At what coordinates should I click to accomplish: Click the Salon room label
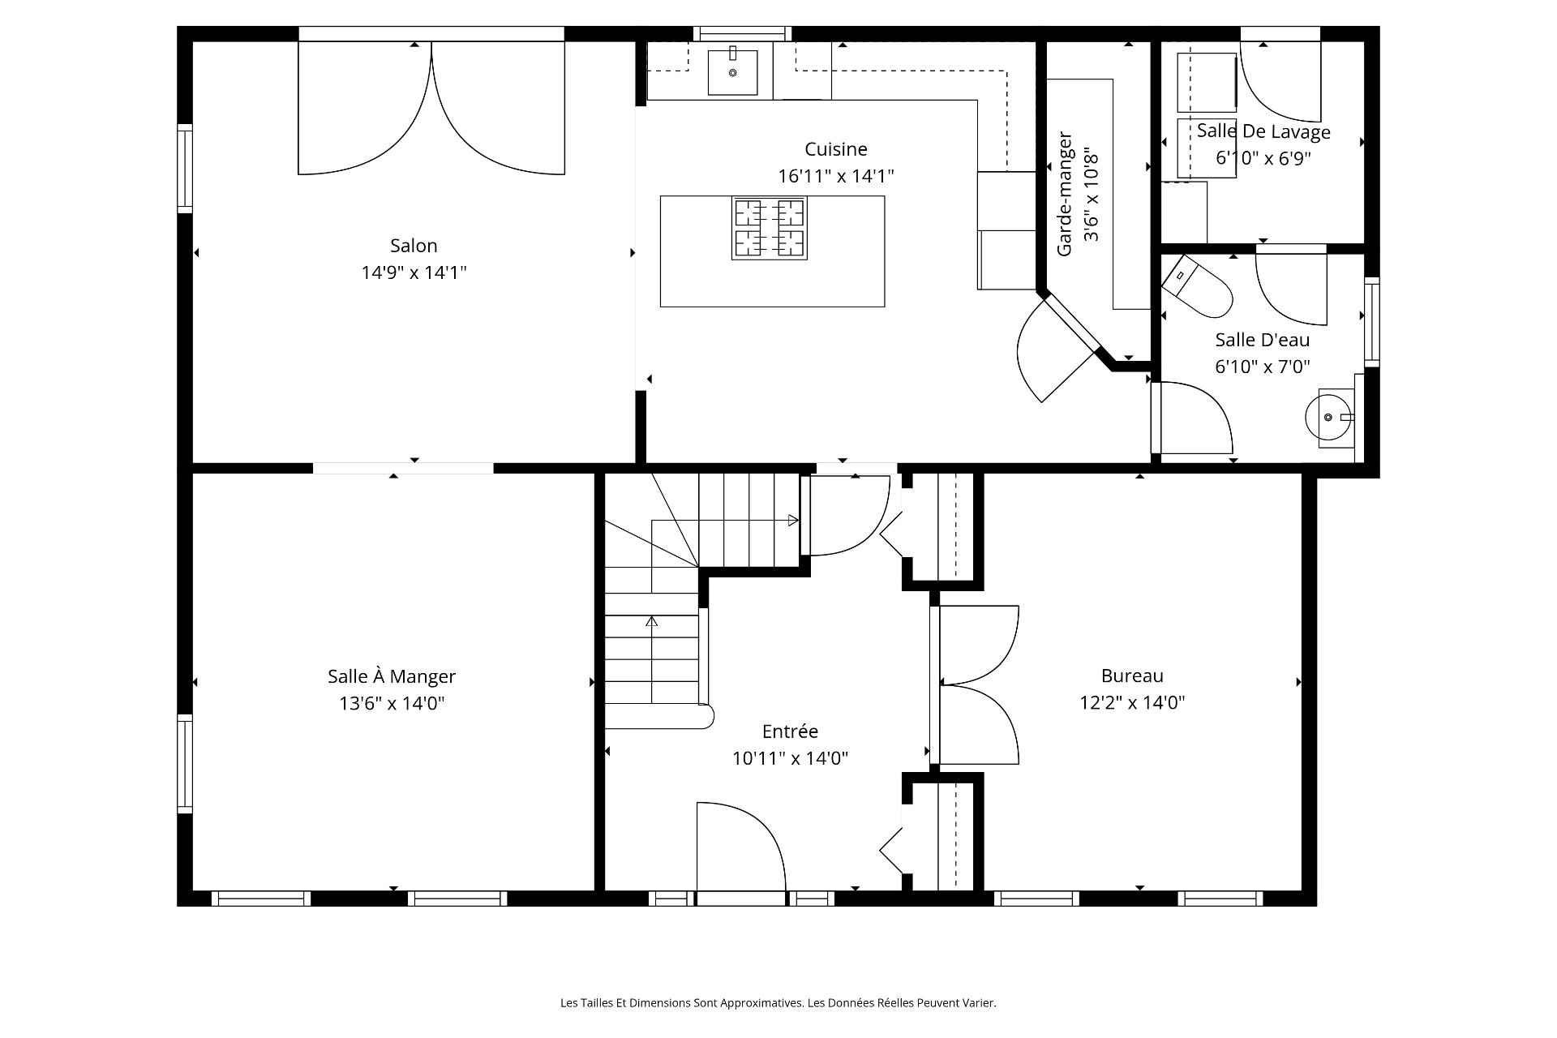414,245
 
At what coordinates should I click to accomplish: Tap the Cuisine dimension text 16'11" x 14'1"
836,176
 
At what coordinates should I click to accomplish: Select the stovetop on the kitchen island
769,228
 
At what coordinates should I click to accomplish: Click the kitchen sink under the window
733,72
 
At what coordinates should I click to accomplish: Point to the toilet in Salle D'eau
1198,287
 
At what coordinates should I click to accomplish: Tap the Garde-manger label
1065,195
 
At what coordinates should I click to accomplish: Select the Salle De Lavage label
1263,131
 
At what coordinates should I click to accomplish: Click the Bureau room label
1132,676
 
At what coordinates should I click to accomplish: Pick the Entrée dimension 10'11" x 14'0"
790,758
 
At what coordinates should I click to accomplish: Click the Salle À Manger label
392,676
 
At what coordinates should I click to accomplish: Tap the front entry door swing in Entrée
741,847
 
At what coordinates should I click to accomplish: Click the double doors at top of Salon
431,108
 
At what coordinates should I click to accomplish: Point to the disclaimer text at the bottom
778,1003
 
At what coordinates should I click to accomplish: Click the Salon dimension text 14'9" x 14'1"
414,272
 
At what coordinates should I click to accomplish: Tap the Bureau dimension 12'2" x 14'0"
1132,702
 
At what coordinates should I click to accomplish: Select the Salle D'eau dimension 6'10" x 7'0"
1263,367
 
